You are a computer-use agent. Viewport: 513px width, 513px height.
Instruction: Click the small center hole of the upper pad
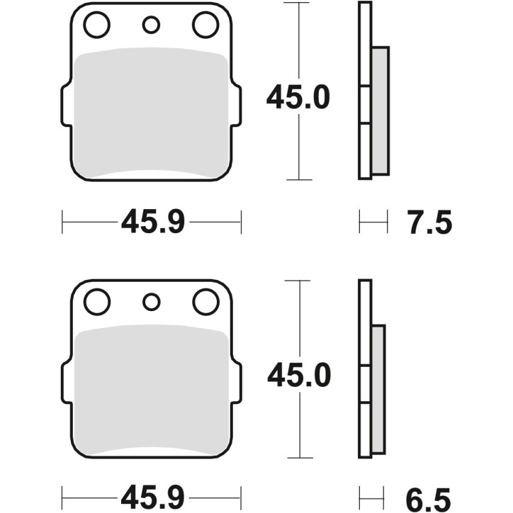click(x=151, y=26)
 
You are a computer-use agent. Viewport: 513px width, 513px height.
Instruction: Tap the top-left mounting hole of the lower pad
click(x=96, y=303)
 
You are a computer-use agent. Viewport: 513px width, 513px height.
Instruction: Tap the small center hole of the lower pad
click(x=151, y=303)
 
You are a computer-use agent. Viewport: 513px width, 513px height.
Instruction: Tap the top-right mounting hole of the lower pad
click(x=205, y=303)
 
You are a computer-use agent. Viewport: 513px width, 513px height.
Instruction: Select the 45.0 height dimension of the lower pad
click(x=298, y=375)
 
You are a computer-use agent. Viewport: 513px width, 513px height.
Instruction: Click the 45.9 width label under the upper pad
click(x=153, y=223)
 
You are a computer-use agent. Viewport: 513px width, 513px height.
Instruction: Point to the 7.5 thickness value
click(x=429, y=223)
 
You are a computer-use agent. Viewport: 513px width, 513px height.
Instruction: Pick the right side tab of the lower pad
click(x=237, y=383)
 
